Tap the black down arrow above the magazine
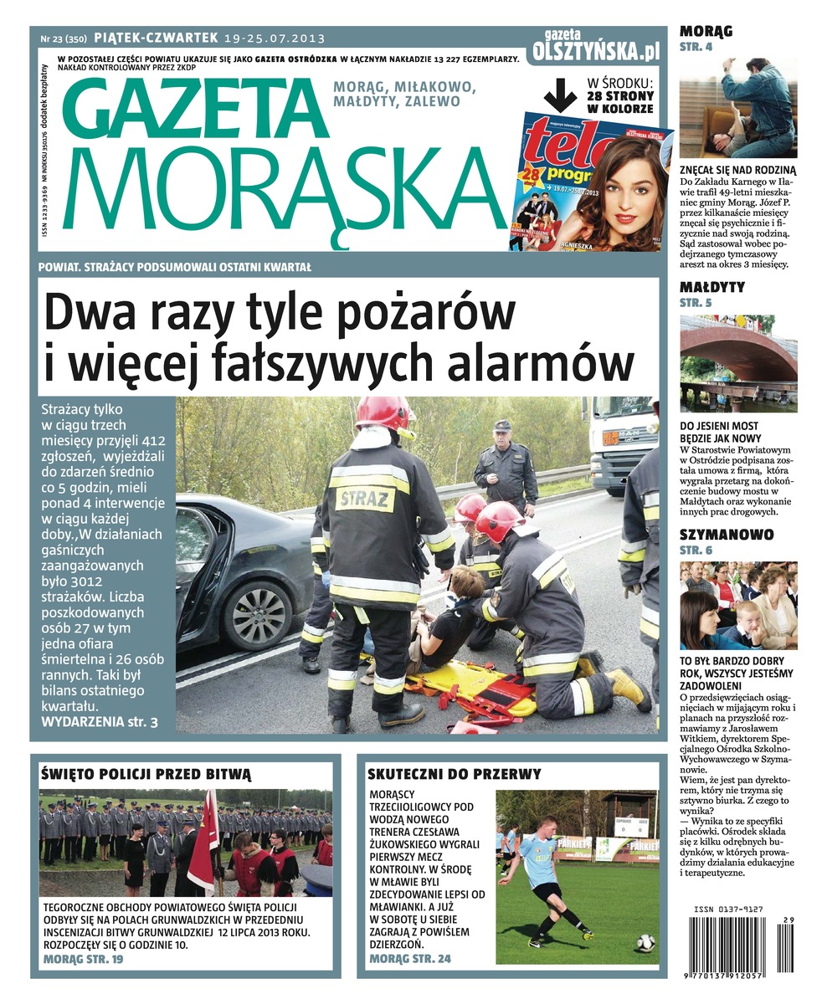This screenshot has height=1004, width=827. pyautogui.click(x=560, y=94)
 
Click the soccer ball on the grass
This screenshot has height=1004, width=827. pyautogui.click(x=645, y=942)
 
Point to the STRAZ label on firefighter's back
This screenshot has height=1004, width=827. pyautogui.click(x=365, y=499)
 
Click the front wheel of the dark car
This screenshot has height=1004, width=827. pyautogui.click(x=257, y=615)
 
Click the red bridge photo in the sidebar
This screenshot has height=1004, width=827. pyautogui.click(x=737, y=363)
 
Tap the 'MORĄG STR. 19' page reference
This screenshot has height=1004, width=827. pyautogui.click(x=83, y=959)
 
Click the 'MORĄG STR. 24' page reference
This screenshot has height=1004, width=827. pyautogui.click(x=410, y=959)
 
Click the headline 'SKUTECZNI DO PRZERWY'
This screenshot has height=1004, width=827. pyautogui.click(x=455, y=774)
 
